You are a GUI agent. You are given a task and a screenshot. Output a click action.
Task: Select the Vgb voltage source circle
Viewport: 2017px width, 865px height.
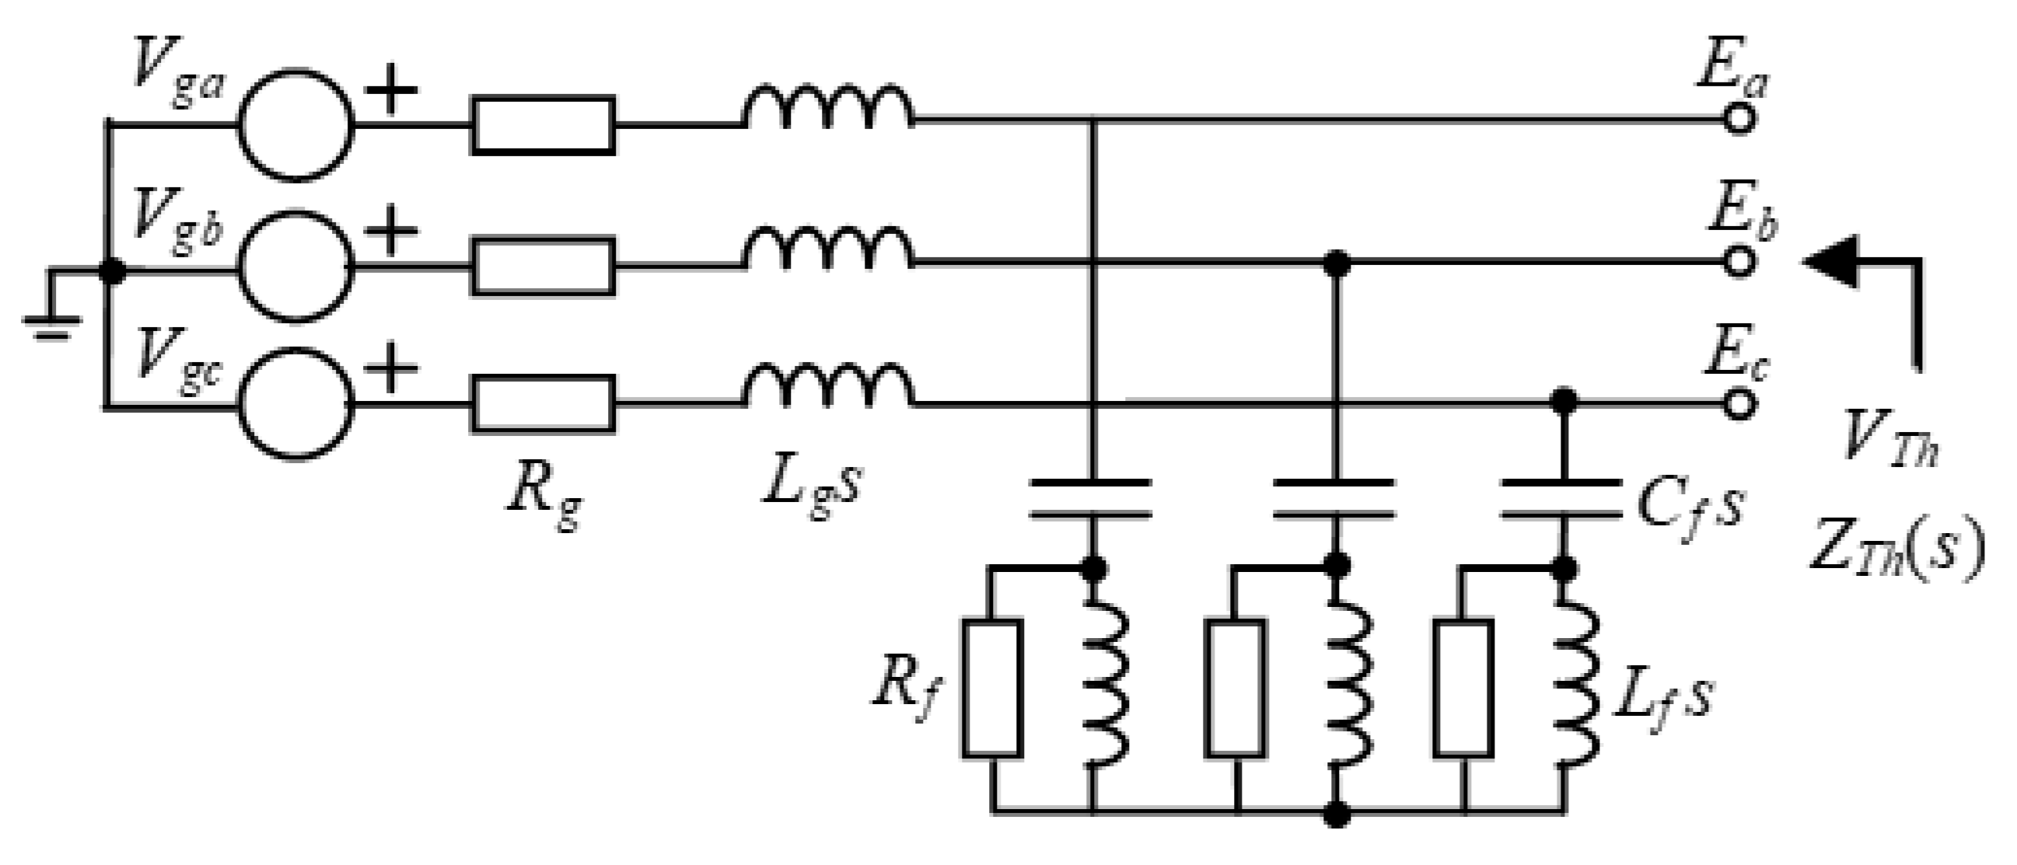pyautogui.click(x=295, y=264)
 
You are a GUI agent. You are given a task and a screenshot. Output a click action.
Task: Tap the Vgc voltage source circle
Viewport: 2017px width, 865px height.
pyautogui.click(x=295, y=403)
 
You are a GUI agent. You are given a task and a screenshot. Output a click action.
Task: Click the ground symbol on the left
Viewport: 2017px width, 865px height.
pyautogui.click(x=51, y=323)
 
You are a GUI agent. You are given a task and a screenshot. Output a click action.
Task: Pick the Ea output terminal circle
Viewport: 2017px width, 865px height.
pyautogui.click(x=1739, y=120)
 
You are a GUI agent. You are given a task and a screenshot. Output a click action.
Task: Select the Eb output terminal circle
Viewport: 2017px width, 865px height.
pyautogui.click(x=1739, y=262)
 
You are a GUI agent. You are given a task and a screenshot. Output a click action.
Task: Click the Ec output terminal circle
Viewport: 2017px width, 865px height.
pyautogui.click(x=1739, y=403)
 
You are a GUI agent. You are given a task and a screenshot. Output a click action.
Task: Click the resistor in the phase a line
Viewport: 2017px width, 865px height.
pyautogui.click(x=543, y=124)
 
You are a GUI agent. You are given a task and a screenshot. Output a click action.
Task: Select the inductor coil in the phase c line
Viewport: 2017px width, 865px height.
pyautogui.click(x=827, y=388)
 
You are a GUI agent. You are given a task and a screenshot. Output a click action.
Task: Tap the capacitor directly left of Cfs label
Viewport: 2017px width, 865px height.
pyautogui.click(x=1562, y=500)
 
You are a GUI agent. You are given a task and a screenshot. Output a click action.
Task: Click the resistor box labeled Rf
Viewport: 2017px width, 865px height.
pyautogui.click(x=992, y=689)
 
